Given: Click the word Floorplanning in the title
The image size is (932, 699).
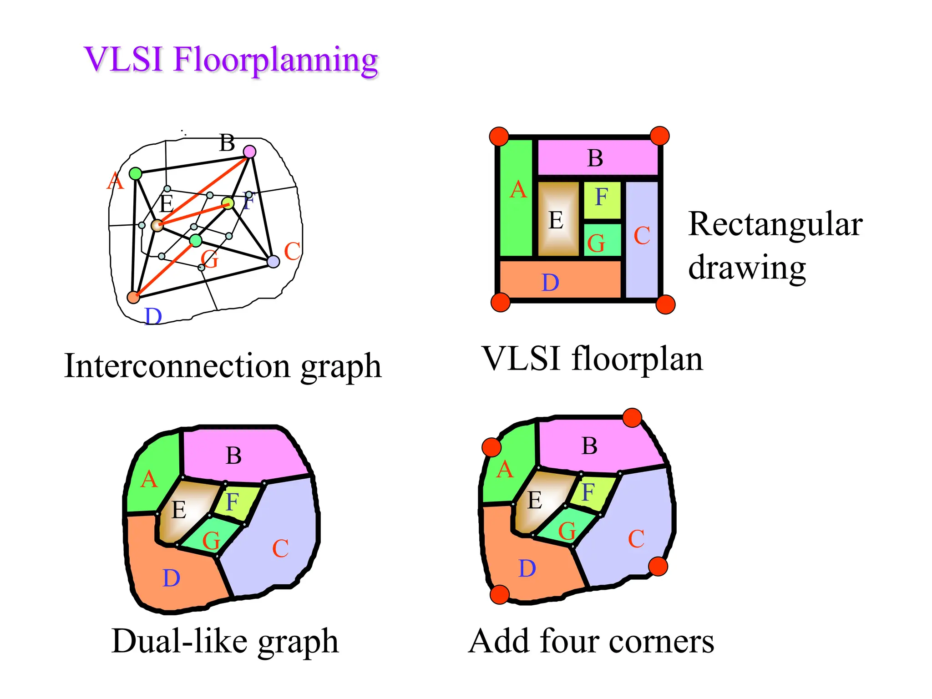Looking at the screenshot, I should coord(275,61).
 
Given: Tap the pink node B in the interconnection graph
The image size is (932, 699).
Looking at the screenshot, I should coord(249,152).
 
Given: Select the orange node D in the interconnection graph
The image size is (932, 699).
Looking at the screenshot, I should coord(133,297).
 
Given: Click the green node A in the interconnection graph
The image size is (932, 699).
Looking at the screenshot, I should coord(136,173).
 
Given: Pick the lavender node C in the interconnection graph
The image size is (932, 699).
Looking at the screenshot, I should coord(273,262).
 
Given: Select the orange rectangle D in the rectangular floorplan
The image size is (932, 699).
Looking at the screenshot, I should coord(560,279).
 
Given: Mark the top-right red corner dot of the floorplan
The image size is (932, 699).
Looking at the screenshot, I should coord(659,136).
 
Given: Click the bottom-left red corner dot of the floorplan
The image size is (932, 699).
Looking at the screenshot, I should coord(501,302).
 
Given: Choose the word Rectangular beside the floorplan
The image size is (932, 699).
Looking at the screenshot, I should coord(775,224).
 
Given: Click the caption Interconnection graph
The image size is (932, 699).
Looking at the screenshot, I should coord(223,366).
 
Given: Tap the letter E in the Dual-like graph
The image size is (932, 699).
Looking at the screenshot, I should coord(179,510).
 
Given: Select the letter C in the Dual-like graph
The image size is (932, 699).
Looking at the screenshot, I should coord(280,548).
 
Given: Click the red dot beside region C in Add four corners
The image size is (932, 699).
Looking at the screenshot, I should coord(658,567).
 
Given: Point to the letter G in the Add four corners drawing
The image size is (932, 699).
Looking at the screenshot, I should coord(567,531).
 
